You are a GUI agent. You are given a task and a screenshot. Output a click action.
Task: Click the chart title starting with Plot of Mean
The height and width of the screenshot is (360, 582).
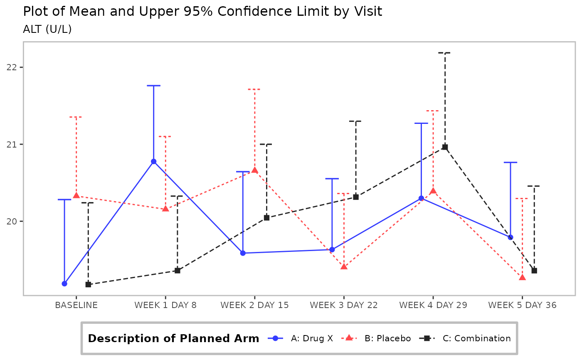[202, 11]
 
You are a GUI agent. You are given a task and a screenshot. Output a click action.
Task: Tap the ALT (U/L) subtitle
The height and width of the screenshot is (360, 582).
[47, 30]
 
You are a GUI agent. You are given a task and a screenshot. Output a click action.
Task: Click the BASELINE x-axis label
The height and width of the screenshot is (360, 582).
[76, 305]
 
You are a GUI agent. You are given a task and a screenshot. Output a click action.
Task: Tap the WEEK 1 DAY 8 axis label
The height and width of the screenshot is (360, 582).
[165, 305]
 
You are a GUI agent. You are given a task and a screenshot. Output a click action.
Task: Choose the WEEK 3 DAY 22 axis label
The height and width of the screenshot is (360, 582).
[344, 305]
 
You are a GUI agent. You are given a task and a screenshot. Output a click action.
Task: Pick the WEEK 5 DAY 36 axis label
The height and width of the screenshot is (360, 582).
[522, 305]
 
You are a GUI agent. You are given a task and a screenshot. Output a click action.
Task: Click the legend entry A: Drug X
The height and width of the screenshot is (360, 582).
[312, 338]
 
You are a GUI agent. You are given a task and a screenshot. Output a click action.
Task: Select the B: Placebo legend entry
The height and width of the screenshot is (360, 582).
[387, 338]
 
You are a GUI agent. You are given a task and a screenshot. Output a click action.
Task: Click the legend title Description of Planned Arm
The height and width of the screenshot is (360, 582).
[173, 338]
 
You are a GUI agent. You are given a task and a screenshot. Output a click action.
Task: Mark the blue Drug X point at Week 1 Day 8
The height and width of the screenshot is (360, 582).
[153, 161]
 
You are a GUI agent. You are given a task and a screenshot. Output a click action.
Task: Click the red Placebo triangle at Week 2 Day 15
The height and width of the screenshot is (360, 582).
[255, 170]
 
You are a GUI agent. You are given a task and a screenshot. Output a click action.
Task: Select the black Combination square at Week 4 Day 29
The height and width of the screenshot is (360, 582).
[445, 147]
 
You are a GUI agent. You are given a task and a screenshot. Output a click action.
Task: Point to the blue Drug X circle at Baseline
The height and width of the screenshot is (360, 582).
[64, 284]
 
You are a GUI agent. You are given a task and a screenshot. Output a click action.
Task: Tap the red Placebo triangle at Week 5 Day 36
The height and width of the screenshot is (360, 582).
[522, 277]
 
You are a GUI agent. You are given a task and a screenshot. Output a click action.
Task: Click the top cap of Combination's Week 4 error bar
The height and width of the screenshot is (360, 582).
[445, 53]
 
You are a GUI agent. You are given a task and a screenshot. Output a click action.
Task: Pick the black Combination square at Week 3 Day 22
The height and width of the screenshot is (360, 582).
[356, 197]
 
